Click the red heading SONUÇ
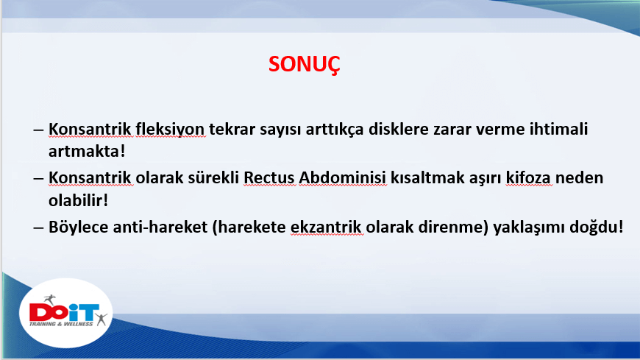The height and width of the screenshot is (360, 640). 304,65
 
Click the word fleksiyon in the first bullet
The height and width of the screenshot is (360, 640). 170,130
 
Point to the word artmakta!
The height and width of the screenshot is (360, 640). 87,151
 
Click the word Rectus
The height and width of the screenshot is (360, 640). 269,177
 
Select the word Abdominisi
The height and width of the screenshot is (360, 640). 343,177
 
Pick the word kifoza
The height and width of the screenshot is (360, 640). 528,177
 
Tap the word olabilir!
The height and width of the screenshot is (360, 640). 78,200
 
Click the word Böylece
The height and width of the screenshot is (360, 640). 79,227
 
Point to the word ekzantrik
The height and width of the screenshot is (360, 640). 326,227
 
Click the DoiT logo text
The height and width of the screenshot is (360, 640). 64,313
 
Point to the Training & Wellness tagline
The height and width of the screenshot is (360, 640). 61,324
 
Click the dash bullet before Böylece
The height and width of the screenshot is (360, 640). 38,227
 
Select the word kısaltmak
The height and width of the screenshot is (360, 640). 423,177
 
